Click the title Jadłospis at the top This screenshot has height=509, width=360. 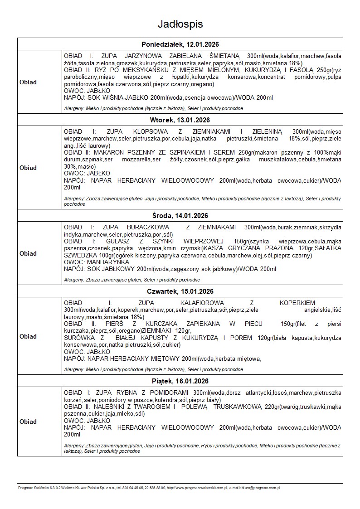pos(180,24)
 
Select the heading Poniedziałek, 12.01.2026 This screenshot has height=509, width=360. pos(180,44)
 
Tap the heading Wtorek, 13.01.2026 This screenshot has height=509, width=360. pos(180,120)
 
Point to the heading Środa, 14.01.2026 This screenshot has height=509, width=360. pos(180,216)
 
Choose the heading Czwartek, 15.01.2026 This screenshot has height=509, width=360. pos(180,291)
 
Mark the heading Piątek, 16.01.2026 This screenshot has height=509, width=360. pos(180,381)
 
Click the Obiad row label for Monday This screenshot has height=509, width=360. pos(28,82)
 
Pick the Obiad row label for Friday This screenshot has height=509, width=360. pos(28,422)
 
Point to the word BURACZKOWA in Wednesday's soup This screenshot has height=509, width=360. pos(150,227)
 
